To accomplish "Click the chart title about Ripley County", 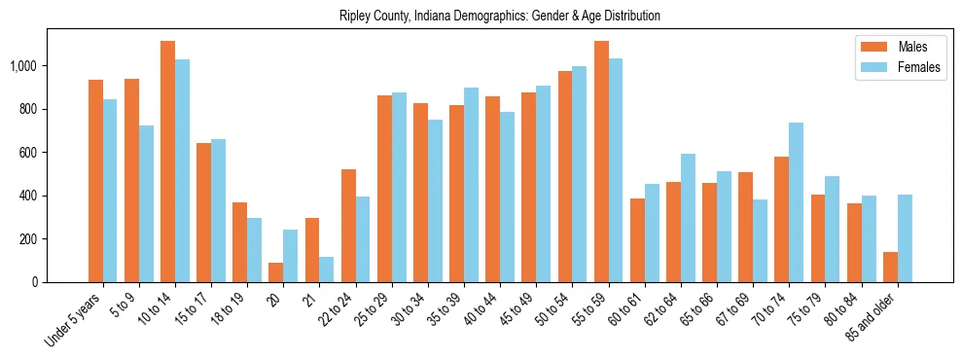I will point(500,17).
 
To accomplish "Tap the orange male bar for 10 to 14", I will point(168,162).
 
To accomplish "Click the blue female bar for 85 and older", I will point(905,238).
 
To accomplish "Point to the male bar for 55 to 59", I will point(601,162).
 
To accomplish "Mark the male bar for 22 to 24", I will point(348,226).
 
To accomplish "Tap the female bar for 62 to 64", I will point(689,218).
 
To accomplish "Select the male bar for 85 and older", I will point(890,267).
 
